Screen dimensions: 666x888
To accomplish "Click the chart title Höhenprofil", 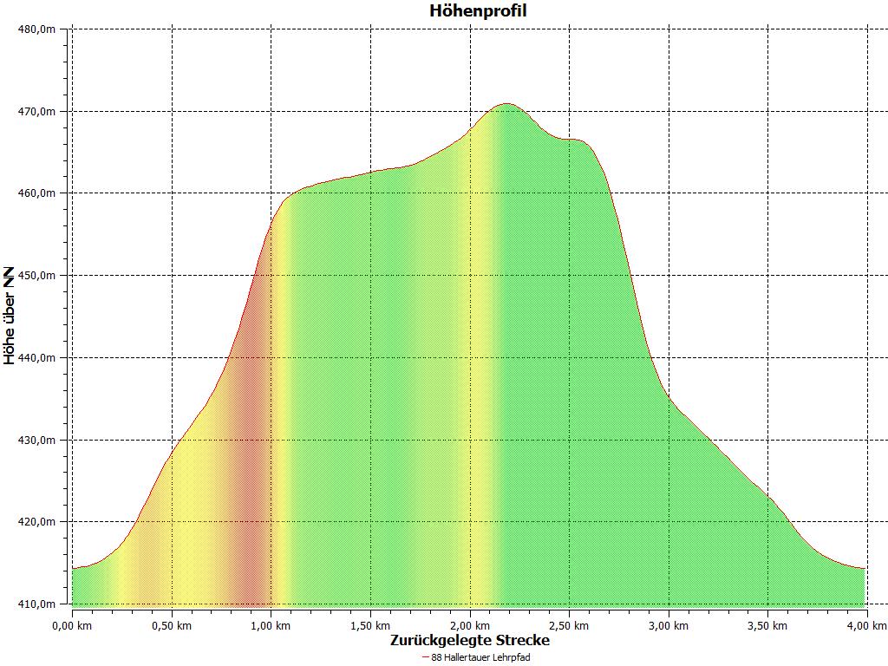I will point(478,11).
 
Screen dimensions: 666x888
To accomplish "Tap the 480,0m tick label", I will point(37,29).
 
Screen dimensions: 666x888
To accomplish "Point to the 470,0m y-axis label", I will point(37,112).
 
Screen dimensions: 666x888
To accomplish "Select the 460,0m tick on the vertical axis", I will point(37,193).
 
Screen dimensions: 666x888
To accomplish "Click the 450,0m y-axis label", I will point(37,276).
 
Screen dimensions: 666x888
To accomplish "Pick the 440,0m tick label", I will point(37,358).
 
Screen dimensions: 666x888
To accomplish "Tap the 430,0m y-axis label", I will point(37,441).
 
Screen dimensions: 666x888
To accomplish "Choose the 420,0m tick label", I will point(37,522).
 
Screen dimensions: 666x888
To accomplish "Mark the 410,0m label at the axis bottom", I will point(37,604).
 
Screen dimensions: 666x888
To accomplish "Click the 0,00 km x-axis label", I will point(72,625).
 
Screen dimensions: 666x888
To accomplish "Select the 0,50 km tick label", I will point(172,625).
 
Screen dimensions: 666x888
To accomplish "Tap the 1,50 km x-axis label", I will point(371,625).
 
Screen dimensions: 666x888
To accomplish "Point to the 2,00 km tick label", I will point(470,625).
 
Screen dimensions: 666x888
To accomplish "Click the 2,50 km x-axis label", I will point(570,625).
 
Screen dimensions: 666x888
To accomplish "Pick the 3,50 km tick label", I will point(768,625).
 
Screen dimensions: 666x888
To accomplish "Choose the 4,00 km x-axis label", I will point(867,625).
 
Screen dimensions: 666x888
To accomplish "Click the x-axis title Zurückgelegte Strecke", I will point(469,641).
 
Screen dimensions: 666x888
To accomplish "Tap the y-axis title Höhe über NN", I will point(10,316).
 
